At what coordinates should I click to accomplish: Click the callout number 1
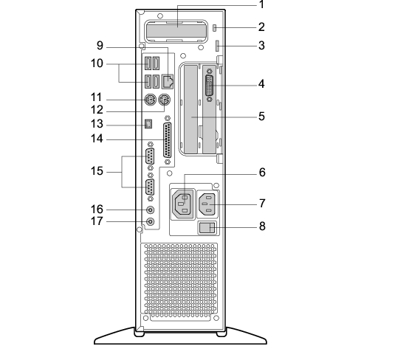pos(262,4)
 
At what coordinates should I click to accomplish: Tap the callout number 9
pos(100,46)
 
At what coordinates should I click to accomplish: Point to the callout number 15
pos(97,171)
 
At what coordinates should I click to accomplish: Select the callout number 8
pos(262,226)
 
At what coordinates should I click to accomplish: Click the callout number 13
pos(97,124)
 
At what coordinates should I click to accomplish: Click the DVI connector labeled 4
pos(210,85)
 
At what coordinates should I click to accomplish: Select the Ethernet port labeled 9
pos(168,81)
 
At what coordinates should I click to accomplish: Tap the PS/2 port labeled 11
pos(150,100)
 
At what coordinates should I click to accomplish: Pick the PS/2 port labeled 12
pos(164,100)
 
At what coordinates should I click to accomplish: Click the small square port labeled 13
pos(148,124)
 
